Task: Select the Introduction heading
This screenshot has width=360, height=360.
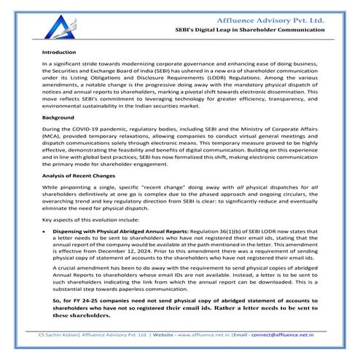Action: pyautogui.click(x=59, y=53)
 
